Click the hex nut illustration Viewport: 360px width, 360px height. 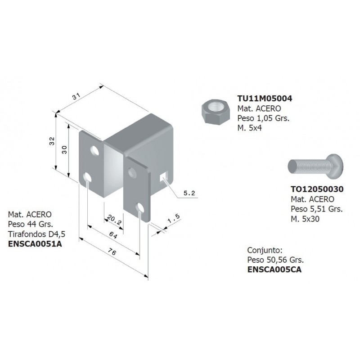point(216,112)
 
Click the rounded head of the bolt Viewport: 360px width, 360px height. point(335,166)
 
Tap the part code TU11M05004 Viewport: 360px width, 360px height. point(265,99)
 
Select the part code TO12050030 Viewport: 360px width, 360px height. point(317,189)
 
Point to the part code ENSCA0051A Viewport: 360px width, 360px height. point(35,244)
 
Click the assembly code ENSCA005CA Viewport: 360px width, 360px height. point(274,270)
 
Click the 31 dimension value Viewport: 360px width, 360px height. point(76,96)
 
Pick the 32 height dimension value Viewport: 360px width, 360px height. point(52,141)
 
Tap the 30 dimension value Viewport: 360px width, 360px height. point(64,150)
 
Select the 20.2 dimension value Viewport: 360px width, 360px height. point(114,220)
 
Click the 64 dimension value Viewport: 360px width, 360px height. point(113,235)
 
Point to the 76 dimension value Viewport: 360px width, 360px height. point(112,252)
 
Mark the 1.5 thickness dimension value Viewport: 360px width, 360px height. point(174,218)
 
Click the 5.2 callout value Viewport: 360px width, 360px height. point(189,193)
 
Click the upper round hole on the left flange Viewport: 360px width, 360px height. point(94,150)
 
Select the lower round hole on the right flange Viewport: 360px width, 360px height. point(139,208)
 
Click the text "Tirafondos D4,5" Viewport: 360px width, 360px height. point(37,234)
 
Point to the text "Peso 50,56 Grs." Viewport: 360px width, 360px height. point(275,260)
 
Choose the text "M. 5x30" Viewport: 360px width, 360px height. point(305,219)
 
